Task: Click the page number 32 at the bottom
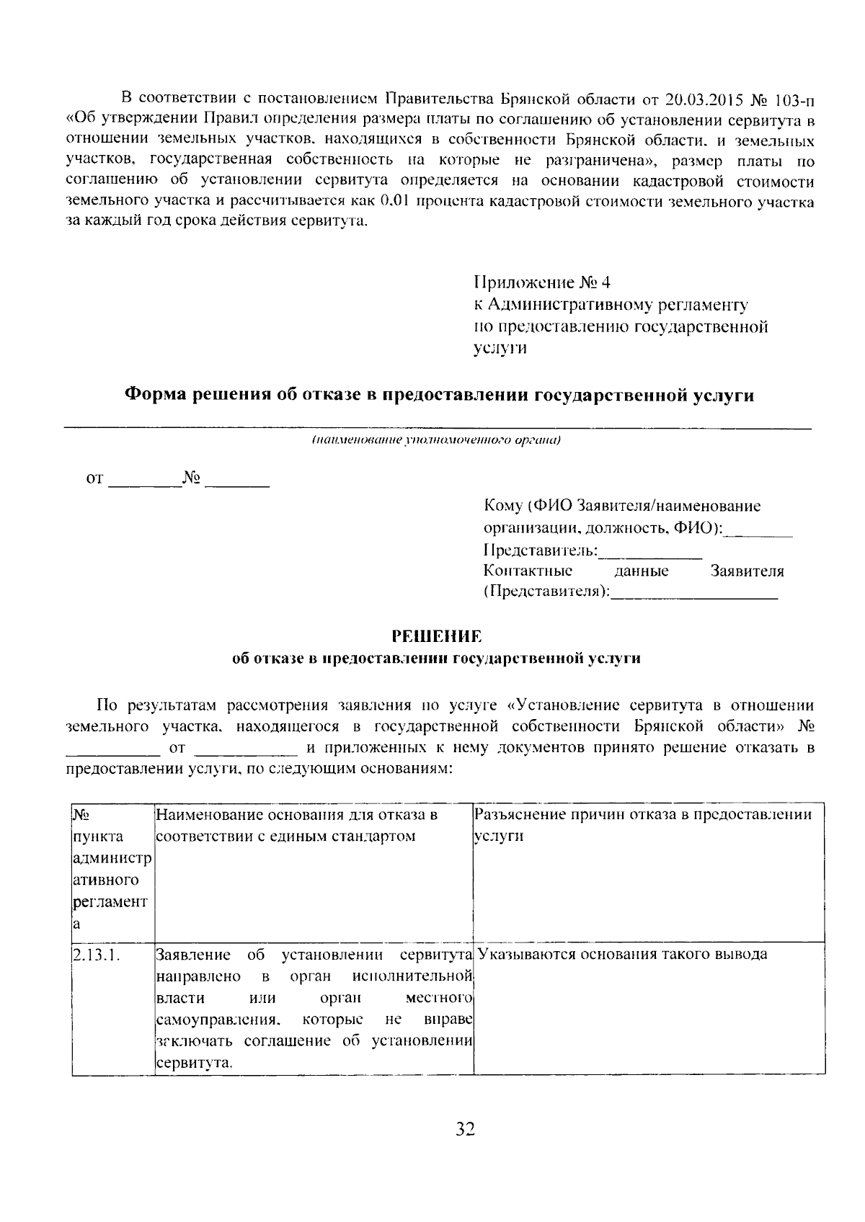(465, 1129)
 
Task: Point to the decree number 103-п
(795, 98)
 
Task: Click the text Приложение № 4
(543, 282)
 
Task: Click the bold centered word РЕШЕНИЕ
(435, 636)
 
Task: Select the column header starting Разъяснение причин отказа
(643, 815)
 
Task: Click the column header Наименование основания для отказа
(297, 815)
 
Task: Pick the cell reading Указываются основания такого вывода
(623, 955)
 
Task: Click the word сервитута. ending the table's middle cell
(195, 1063)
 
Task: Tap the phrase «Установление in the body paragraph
(559, 705)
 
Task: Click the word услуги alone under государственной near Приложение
(500, 349)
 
